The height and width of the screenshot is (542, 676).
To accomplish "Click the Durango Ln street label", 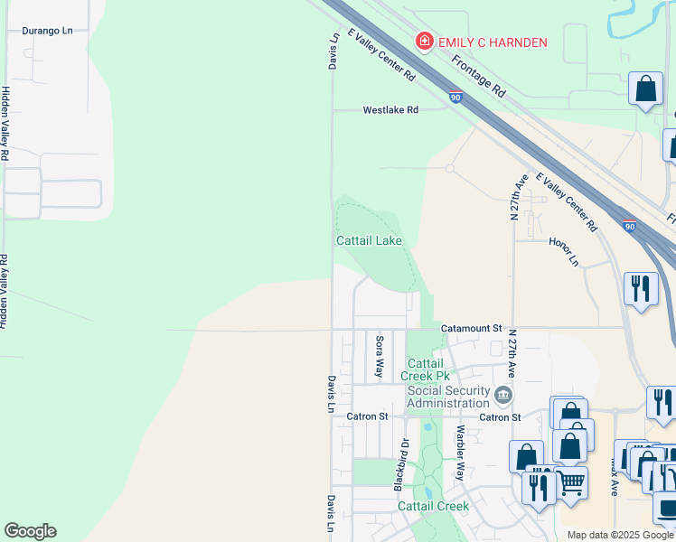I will (47, 30).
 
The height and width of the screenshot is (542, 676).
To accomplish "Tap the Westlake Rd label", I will (390, 110).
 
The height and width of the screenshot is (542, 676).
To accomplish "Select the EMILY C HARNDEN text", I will (493, 42).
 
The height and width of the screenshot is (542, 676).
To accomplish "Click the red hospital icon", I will (422, 41).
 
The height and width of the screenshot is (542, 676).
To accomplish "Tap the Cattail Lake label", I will (369, 241).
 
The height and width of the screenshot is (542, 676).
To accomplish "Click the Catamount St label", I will (471, 329).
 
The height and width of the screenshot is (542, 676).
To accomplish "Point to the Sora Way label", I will (380, 357).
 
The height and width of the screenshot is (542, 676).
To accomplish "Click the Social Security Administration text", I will (448, 396).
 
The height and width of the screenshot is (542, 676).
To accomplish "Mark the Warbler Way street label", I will (460, 453).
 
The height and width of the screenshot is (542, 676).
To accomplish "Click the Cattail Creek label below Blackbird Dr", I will (434, 506).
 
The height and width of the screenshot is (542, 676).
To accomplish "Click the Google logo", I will (30, 531).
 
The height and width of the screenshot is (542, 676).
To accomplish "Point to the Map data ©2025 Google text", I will (620, 535).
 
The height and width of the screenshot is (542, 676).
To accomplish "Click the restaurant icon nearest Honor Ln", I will (641, 289).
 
